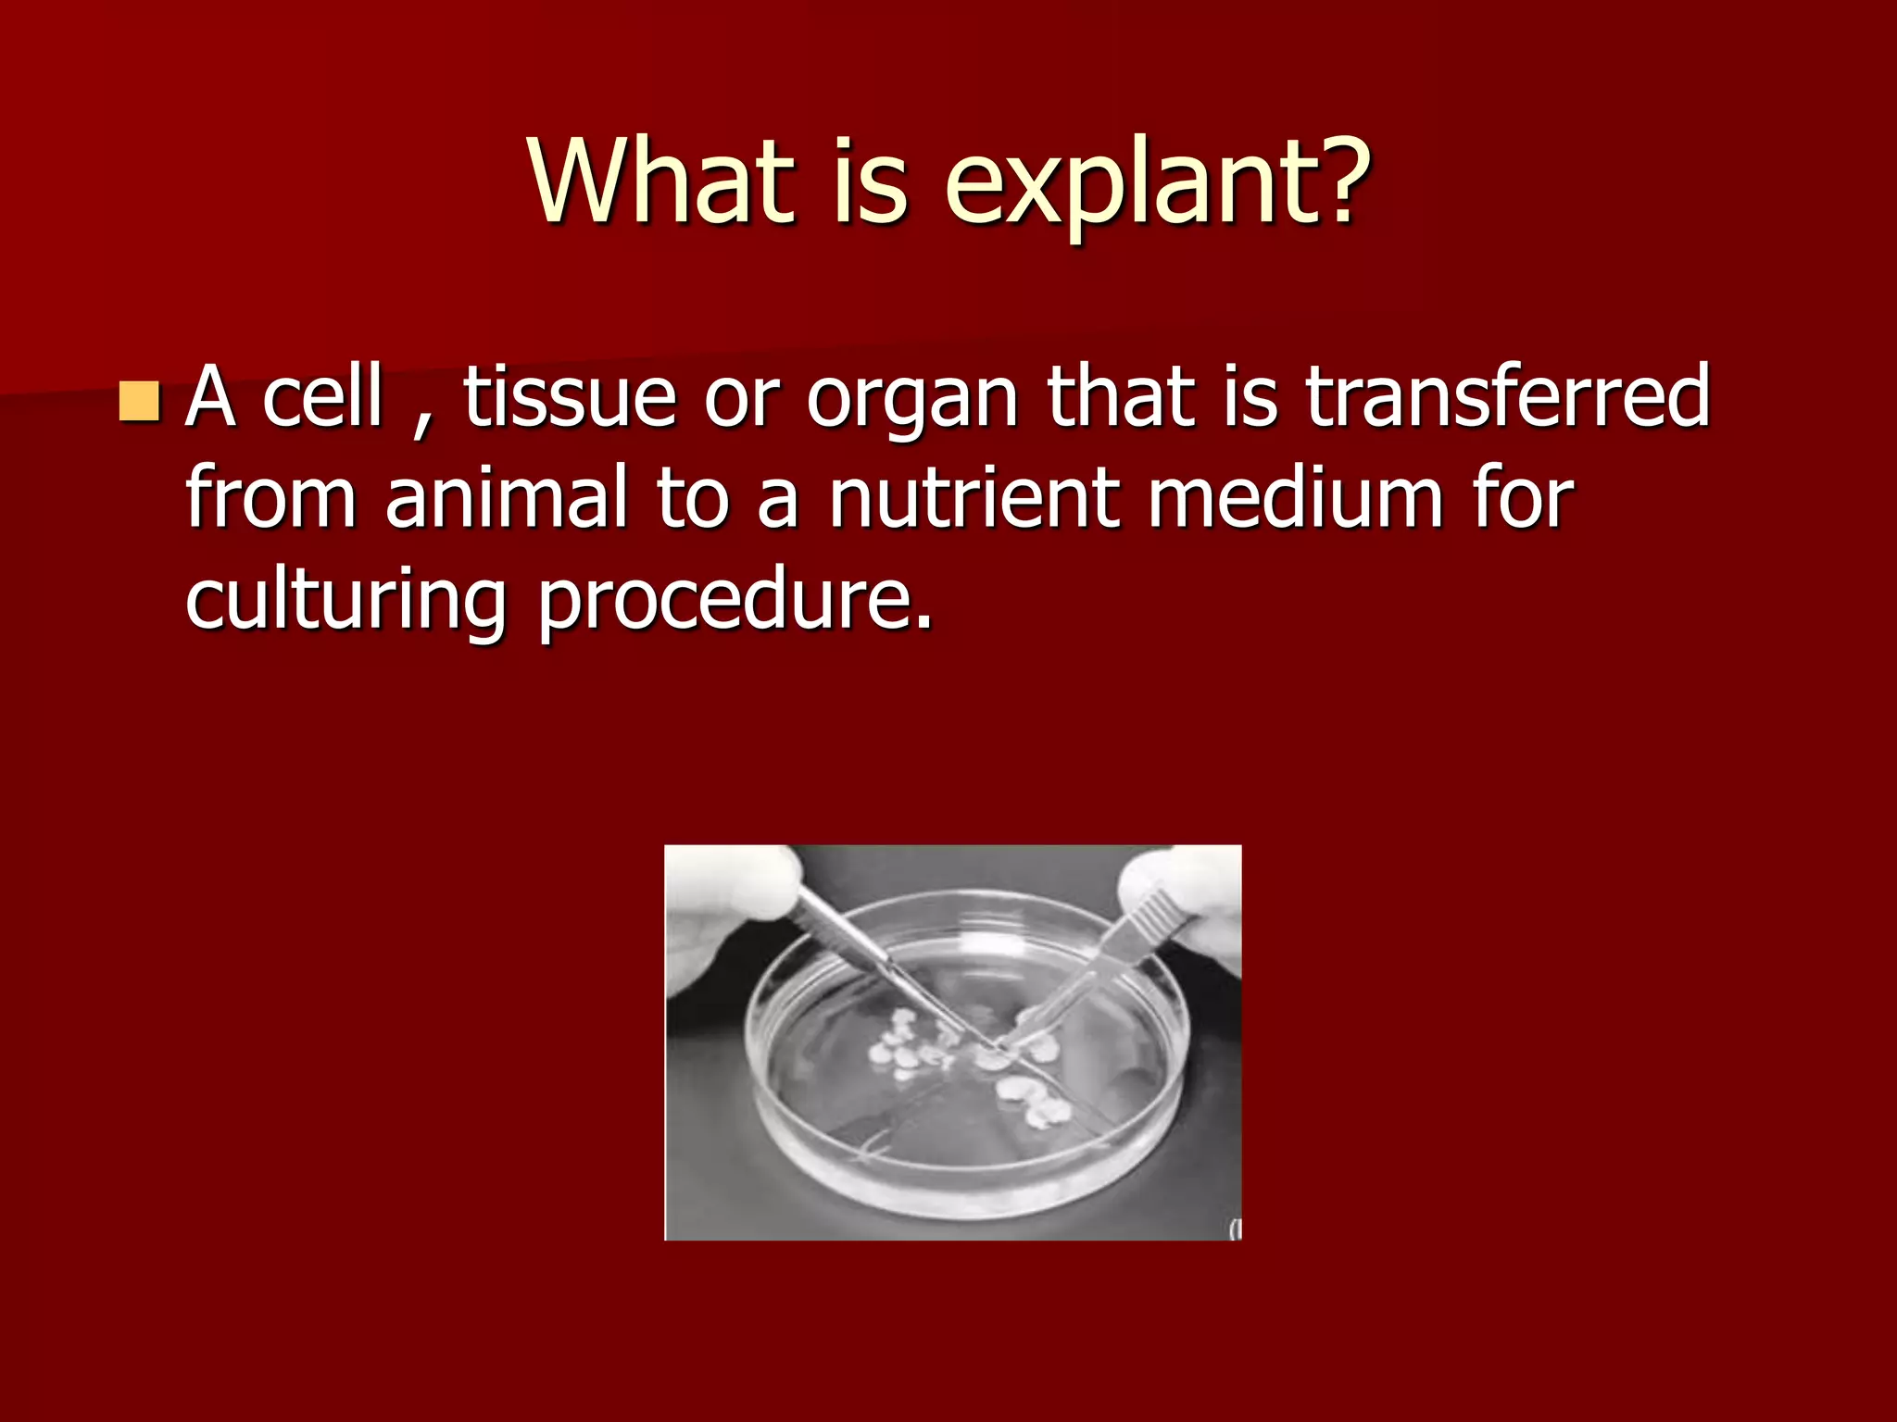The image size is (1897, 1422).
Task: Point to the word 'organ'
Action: pos(913,405)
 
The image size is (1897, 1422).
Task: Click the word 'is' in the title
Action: pos(869,181)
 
